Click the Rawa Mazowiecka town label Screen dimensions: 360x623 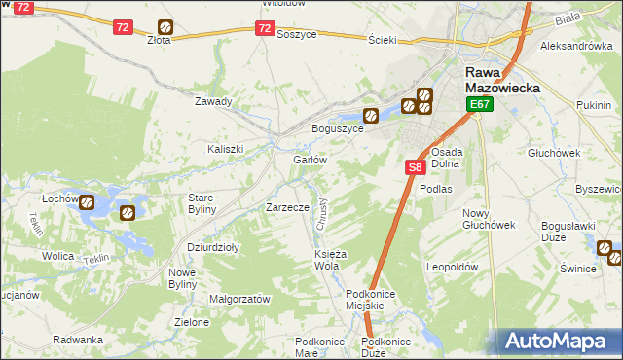(497, 80)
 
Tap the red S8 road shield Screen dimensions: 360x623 (415, 167)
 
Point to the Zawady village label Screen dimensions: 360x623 (213, 101)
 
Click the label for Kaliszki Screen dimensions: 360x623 (225, 149)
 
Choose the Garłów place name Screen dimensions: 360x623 (309, 160)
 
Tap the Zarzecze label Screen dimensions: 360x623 (287, 207)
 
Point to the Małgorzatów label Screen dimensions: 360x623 (239, 300)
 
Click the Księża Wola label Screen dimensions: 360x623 (326, 260)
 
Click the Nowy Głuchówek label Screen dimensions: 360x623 (489, 219)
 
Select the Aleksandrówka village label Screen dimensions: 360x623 (575, 46)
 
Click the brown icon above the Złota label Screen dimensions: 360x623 (166, 27)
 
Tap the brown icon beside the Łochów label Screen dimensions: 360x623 (88, 203)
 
